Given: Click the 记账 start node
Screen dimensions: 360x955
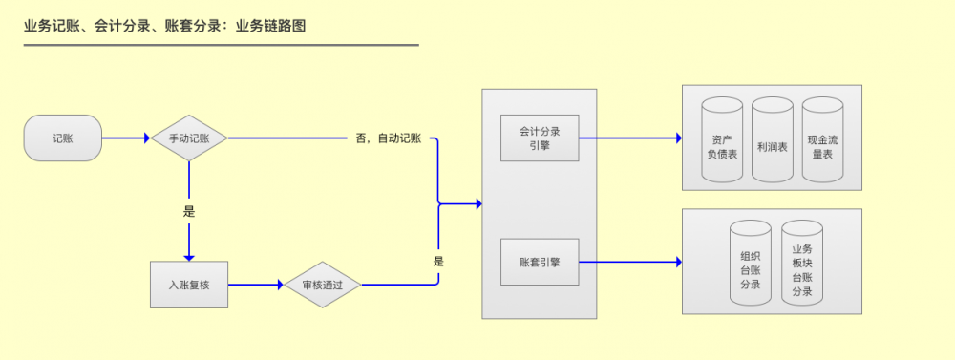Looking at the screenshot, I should click(63, 138).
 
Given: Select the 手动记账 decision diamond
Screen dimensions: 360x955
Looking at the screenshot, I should click(188, 138).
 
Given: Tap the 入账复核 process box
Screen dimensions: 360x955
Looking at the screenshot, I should click(188, 284).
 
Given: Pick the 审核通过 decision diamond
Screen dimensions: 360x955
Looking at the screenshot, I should click(322, 284).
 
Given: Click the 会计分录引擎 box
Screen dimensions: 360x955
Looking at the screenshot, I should click(540, 138).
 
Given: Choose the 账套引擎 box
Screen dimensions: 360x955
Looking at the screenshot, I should click(540, 261).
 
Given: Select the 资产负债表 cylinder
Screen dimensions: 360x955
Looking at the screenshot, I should click(721, 140).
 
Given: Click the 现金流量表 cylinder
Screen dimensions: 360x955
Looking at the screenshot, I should click(822, 140).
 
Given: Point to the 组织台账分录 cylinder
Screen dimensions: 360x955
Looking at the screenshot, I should click(750, 264).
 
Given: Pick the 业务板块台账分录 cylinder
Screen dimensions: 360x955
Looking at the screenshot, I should click(802, 264).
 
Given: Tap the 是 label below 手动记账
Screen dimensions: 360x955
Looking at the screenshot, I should click(188, 212).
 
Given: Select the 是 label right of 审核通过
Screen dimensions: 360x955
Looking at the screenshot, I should click(438, 261).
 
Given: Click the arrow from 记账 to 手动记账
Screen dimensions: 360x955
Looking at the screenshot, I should click(126, 138).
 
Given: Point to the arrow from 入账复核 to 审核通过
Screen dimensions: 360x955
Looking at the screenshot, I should click(256, 284).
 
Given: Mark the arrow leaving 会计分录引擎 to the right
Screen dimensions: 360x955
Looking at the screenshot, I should click(630, 138).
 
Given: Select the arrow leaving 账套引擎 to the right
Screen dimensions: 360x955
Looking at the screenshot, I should click(630, 261).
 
